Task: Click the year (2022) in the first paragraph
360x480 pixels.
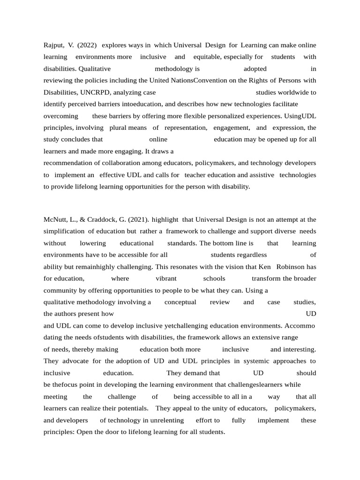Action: pyautogui.click(x=87, y=45)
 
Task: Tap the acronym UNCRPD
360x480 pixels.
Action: pyautogui.click(x=94, y=92)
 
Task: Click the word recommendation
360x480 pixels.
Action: pyautogui.click(x=70, y=163)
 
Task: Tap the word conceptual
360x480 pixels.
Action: pyautogui.click(x=180, y=302)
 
